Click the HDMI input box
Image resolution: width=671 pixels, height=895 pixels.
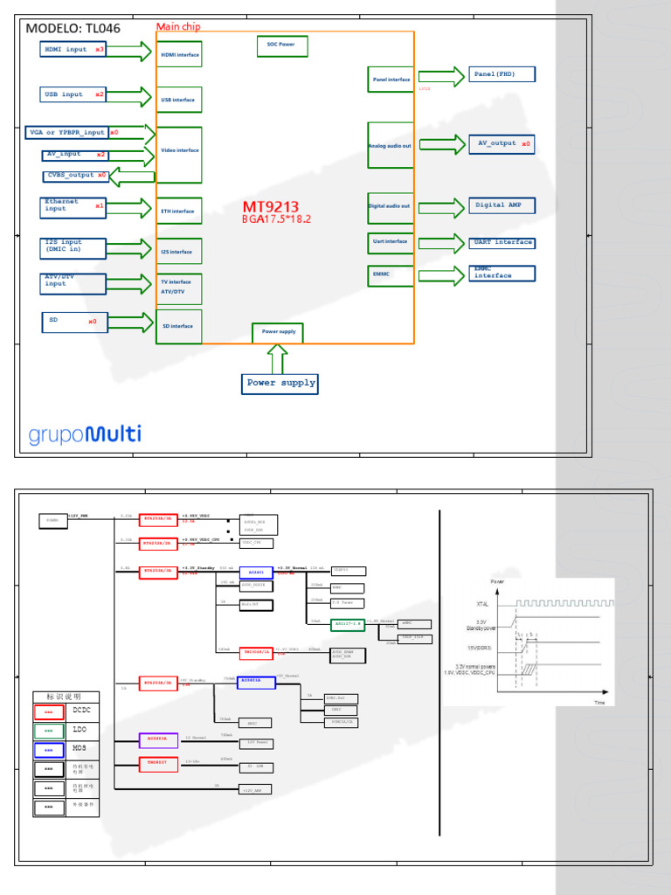pos(73,50)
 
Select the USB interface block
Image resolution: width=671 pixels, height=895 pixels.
pos(179,100)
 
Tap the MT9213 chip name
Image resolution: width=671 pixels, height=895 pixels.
pos(271,207)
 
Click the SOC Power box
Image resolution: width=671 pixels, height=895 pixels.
pos(281,44)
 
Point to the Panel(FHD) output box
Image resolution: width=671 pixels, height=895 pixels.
pos(502,74)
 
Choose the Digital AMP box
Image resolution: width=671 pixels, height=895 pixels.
pos(502,205)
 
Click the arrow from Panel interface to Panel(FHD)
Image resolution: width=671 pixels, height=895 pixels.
pos(442,78)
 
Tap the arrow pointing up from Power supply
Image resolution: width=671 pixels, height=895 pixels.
pos(278,358)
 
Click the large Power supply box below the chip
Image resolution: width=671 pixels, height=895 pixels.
pos(280,383)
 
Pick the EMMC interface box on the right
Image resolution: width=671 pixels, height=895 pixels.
pos(502,273)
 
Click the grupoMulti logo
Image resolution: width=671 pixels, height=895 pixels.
pos(85,434)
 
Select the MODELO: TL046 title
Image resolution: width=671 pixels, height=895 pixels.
pos(73,28)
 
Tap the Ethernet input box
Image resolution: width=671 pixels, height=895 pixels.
pos(74,206)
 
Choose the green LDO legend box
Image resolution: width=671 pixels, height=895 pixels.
pos(49,730)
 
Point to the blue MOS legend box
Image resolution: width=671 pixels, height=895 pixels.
pos(49,750)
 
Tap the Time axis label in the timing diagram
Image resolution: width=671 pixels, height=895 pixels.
pos(599,702)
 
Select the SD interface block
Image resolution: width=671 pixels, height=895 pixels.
pos(179,326)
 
